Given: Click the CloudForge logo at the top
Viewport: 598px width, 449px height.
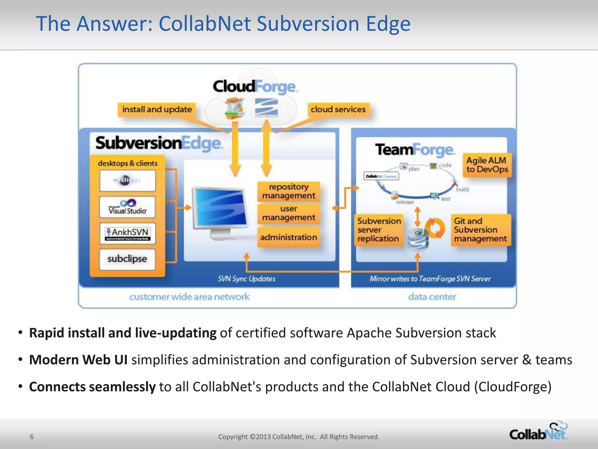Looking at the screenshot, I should coord(255,87).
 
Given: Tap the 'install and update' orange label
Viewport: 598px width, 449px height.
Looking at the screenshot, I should coord(157,109).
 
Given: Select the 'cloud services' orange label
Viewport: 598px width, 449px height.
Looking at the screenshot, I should coord(338,109).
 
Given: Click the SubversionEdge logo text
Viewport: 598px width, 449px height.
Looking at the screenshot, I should coord(159,143).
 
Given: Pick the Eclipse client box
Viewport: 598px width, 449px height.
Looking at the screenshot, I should coord(128,180).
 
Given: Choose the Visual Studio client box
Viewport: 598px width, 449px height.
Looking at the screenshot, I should coord(128,207).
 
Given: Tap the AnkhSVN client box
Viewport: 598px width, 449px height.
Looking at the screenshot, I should coord(128,233).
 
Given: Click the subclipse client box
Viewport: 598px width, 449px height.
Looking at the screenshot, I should coord(128,259).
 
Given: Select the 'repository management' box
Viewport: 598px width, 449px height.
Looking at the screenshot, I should coord(288,191).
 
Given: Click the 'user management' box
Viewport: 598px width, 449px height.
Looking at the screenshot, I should coord(288,213).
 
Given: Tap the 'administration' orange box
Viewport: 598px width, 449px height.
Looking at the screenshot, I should coord(288,237).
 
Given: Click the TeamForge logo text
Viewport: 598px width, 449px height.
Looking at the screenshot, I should coord(415,150).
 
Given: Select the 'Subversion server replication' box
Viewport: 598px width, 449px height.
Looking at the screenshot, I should coord(379,230).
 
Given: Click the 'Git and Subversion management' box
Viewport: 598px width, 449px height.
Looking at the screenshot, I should coord(480,230).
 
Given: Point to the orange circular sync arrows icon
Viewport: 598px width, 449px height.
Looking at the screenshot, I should coord(435,228).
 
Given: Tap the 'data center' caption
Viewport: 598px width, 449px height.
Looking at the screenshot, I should coord(432,297).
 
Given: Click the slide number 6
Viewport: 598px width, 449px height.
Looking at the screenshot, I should coord(32,437).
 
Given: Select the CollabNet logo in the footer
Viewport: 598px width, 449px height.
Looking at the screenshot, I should coord(538,431).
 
